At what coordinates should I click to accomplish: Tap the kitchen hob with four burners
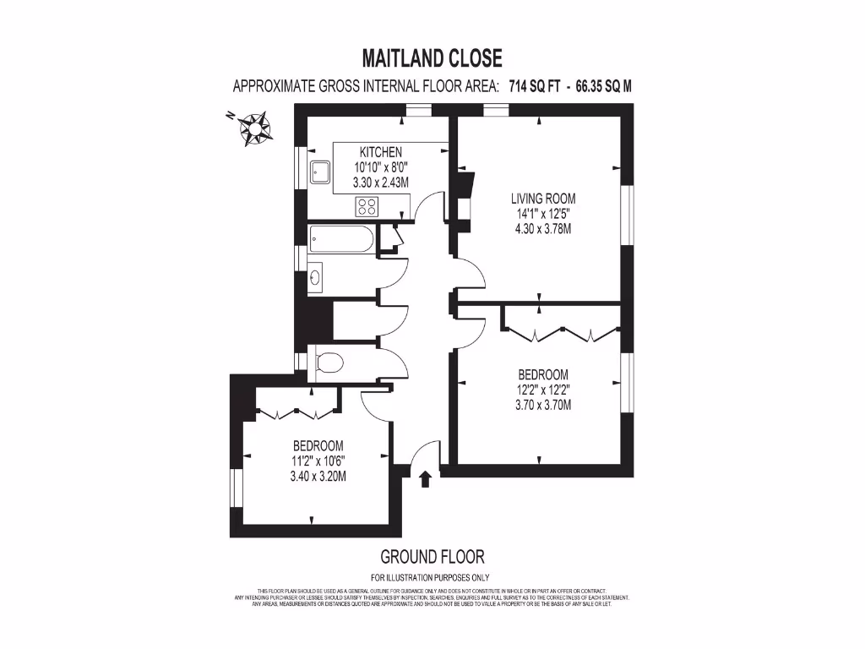(367, 205)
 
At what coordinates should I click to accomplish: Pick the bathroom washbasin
(315, 275)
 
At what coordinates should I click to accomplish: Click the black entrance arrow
(425, 480)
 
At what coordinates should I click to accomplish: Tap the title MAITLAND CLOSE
(432, 57)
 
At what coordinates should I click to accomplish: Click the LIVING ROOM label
(543, 199)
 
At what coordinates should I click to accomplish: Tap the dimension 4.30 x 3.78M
(543, 228)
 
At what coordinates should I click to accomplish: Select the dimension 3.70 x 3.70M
(543, 405)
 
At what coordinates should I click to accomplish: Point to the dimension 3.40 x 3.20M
(318, 477)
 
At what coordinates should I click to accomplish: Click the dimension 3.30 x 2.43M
(381, 182)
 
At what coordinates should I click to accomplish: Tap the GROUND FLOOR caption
(432, 556)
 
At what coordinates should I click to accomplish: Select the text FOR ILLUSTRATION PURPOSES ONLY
(432, 578)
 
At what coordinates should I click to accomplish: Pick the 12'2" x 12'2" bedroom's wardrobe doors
(562, 332)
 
